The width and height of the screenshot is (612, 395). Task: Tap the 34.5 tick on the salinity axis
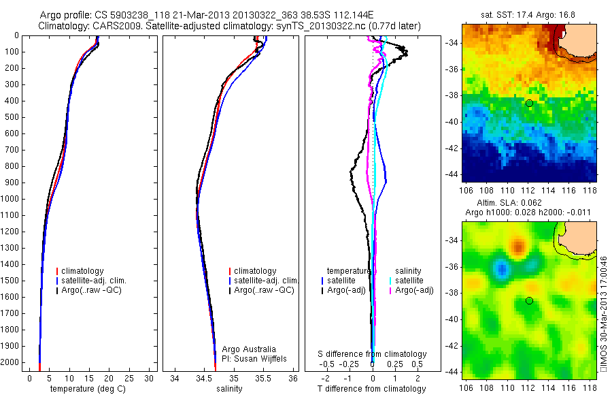[204, 378]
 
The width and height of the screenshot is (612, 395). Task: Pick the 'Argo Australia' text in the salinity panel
[250, 349]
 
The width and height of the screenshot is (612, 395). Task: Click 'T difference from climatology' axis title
[373, 389]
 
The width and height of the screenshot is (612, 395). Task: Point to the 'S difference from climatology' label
[373, 354]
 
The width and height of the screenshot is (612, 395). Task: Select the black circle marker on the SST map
[529, 103]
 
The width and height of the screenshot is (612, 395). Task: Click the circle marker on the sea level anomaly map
[529, 300]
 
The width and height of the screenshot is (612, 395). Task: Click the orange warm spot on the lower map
[518, 245]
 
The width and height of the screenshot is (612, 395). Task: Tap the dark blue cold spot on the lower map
[502, 270]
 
